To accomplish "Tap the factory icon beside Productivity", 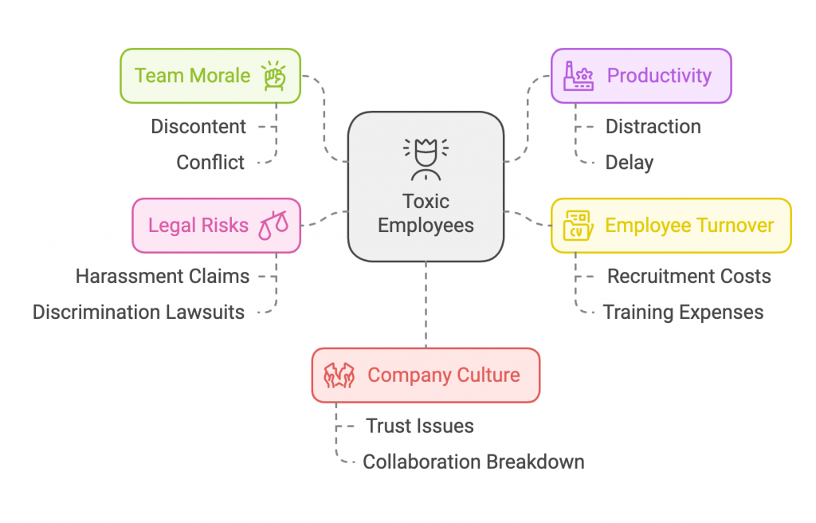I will [x=579, y=76].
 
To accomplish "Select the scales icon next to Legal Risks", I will [x=273, y=226].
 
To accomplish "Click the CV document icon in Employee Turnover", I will [x=577, y=226].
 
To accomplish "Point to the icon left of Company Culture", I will [x=339, y=375].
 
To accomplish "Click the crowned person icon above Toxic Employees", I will [x=426, y=159].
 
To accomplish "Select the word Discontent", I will [x=198, y=127].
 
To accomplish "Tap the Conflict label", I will [x=210, y=163].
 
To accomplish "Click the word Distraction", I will [x=653, y=127].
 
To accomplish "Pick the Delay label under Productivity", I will [x=629, y=163].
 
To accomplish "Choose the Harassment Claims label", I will [x=163, y=277].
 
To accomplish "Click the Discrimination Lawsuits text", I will [x=139, y=313].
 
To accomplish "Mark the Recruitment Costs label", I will [x=688, y=277].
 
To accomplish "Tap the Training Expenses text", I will [x=683, y=313].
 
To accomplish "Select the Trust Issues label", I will [x=419, y=427].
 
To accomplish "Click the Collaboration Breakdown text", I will [x=473, y=462].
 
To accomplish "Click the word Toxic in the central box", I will [x=426, y=202].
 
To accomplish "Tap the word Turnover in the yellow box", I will [x=732, y=226].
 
